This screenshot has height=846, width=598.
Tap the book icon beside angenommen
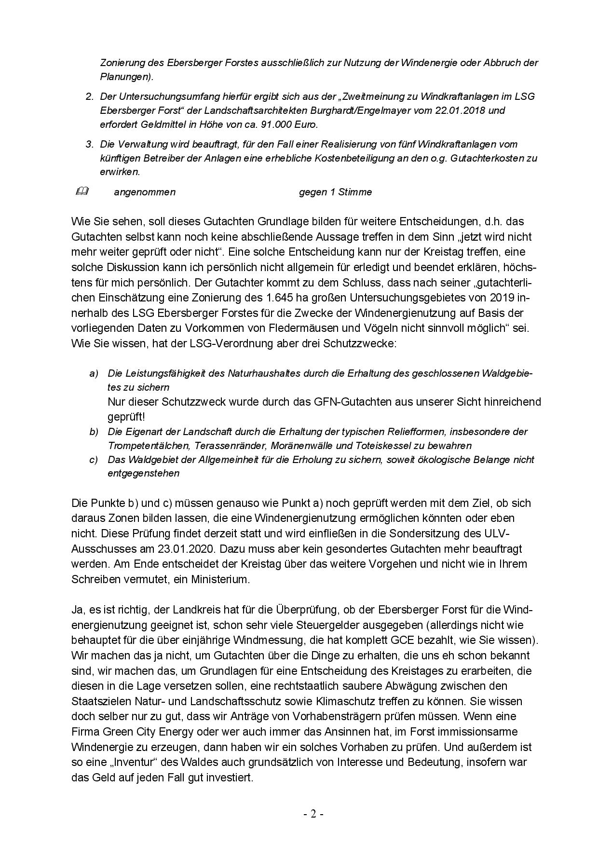[82, 191]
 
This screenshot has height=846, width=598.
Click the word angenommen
[145, 192]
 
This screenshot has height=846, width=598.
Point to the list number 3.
[89, 144]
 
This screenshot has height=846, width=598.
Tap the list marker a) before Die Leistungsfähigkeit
[94, 374]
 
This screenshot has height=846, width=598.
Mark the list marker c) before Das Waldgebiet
[94, 460]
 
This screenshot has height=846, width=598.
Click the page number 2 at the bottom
[313, 815]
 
